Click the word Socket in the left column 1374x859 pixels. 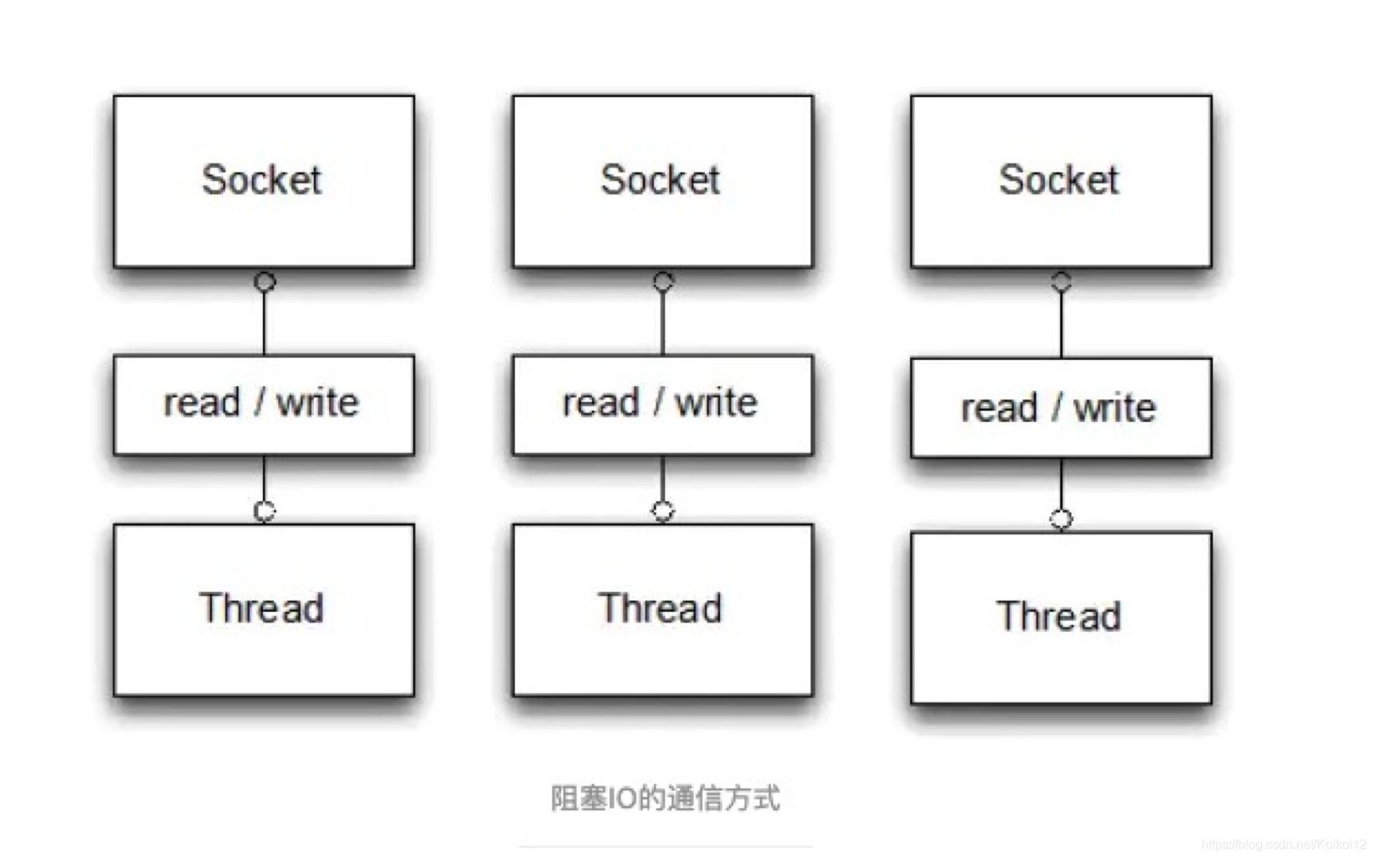click(261, 180)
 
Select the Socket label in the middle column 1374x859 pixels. click(660, 180)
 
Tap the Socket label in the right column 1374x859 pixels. click(1059, 180)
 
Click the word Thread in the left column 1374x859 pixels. click(261, 609)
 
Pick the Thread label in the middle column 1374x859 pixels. click(660, 609)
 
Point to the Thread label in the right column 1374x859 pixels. click(1059, 617)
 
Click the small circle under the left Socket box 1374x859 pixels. click(265, 281)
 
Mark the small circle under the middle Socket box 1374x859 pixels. click(664, 281)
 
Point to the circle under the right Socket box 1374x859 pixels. click(1062, 281)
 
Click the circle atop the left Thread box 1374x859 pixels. click(265, 511)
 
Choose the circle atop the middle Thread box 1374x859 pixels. click(663, 511)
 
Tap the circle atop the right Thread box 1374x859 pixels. click(1062, 520)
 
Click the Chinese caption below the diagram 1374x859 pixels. click(665, 798)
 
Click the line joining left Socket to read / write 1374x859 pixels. click(265, 322)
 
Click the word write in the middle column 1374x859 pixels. click(717, 402)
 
